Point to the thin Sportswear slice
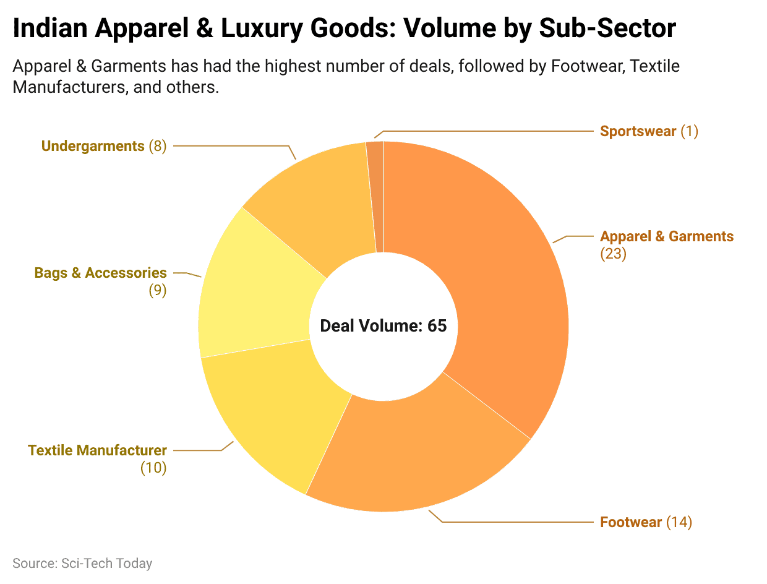click(375, 186)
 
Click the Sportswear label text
click(638, 131)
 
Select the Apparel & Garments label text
click(667, 236)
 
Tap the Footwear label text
click(631, 522)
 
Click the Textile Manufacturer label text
click(97, 450)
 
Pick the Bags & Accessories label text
click(100, 273)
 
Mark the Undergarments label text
click(93, 146)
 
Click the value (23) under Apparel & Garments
click(613, 254)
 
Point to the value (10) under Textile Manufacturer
click(153, 468)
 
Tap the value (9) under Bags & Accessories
click(157, 290)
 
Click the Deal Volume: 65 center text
click(383, 326)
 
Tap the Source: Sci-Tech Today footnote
click(82, 563)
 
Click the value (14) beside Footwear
click(679, 522)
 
